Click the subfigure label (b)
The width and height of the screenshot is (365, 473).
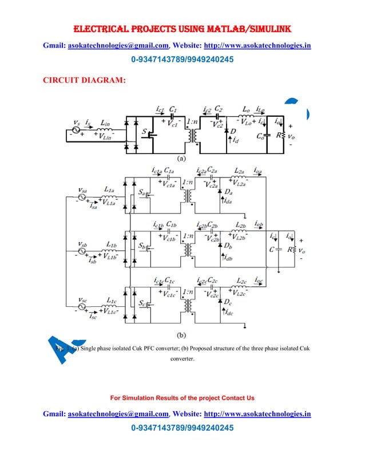pyautogui.click(x=182, y=334)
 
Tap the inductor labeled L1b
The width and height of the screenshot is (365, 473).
pyautogui.click(x=110, y=251)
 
